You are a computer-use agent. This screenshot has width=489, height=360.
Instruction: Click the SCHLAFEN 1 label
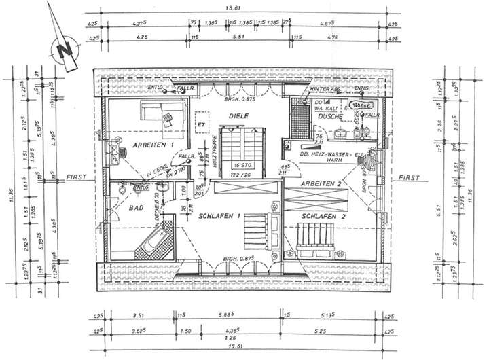(x=219, y=216)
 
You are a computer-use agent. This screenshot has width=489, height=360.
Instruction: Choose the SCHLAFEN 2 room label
(x=324, y=216)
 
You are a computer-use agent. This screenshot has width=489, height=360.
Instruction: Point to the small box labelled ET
(x=200, y=126)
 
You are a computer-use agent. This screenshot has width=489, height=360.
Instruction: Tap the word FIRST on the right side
(x=409, y=177)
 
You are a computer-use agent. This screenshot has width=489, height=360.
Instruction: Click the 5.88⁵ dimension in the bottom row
(x=226, y=314)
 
